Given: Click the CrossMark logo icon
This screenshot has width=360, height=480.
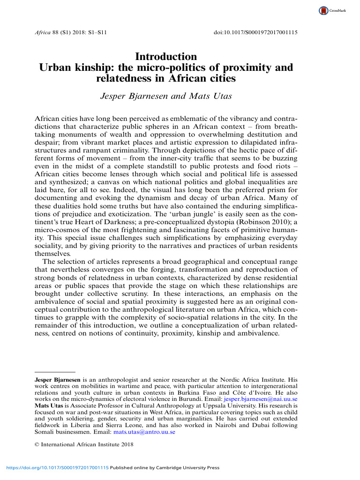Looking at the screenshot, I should tap(323, 10).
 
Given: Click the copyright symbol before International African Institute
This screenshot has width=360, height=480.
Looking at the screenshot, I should tap(37, 446).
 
